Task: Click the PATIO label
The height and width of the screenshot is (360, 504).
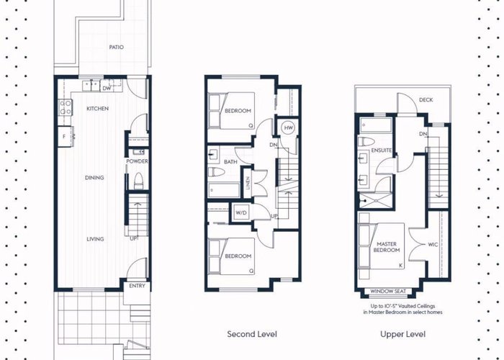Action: click(x=116, y=48)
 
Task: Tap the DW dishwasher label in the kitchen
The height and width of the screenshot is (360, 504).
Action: click(x=107, y=88)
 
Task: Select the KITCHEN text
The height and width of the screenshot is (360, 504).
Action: click(x=98, y=109)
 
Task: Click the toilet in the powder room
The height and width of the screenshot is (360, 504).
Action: click(x=138, y=181)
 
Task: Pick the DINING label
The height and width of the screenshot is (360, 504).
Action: click(x=94, y=177)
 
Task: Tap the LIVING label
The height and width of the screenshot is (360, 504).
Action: click(x=95, y=239)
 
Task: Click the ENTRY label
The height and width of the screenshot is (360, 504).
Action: click(x=138, y=286)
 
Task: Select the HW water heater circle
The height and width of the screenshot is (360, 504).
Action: click(x=289, y=128)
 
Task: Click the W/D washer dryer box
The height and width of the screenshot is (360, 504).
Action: click(x=241, y=212)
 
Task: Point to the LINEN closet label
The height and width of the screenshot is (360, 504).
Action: click(x=248, y=183)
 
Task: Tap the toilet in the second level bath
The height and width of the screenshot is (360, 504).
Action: click(x=216, y=172)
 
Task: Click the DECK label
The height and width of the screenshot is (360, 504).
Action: click(x=426, y=100)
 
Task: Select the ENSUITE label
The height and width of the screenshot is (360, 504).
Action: click(x=381, y=150)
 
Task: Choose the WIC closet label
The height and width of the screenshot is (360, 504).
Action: click(x=433, y=245)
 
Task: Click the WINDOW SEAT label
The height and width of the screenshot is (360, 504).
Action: click(x=388, y=291)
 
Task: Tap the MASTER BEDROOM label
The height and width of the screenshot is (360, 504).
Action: click(x=387, y=247)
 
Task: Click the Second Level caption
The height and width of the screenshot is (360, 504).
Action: click(x=252, y=334)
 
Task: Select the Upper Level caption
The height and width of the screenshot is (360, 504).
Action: click(x=402, y=335)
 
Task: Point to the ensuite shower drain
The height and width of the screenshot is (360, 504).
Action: click(x=365, y=201)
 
